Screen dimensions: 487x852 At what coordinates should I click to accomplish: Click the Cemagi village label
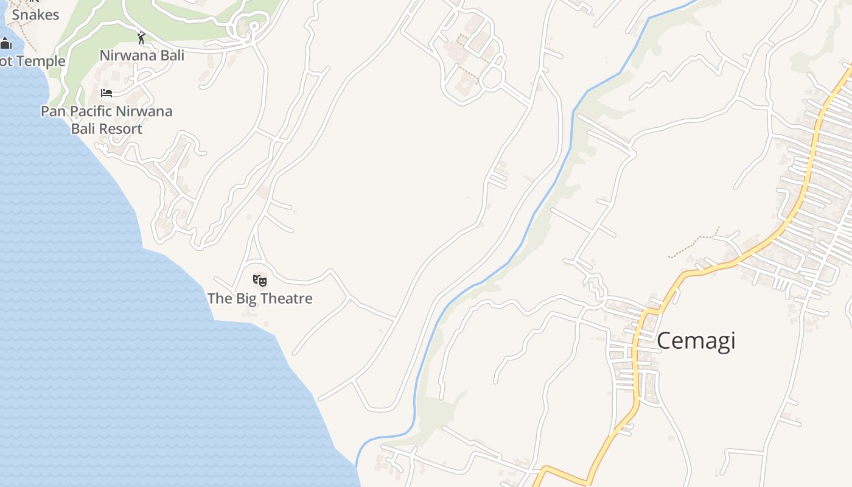tap(696, 340)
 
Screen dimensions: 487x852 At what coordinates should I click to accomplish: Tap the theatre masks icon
tap(260, 281)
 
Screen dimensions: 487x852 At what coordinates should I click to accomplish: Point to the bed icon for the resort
tap(106, 93)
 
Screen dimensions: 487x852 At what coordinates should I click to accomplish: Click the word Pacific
tap(93, 111)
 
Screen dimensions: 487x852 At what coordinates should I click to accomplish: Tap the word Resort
tap(122, 129)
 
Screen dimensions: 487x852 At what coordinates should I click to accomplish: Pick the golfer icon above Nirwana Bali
tap(141, 38)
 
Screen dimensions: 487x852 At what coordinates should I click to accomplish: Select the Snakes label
tap(35, 15)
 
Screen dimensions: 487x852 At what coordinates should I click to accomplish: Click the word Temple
tap(41, 61)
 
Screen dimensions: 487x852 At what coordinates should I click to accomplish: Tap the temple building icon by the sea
tap(6, 43)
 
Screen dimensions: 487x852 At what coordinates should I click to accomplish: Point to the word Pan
tap(52, 111)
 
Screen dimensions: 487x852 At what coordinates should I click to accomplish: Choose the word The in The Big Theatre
tap(220, 298)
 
